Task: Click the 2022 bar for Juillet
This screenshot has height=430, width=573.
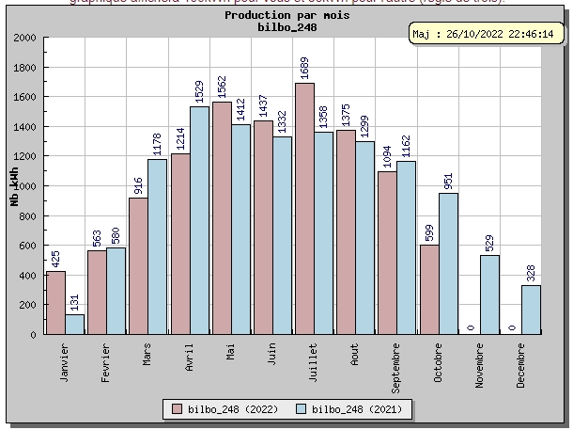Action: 304,209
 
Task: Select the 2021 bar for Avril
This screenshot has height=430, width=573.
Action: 199,220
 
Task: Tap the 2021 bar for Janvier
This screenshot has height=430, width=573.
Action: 75,324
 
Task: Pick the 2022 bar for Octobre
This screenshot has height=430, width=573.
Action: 428,289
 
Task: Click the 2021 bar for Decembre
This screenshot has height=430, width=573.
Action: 531,310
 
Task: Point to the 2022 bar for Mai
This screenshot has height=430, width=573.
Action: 222,217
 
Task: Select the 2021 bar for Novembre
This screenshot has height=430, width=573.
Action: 489,295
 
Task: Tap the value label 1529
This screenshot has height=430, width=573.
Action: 199,90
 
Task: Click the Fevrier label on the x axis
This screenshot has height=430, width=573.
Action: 106,359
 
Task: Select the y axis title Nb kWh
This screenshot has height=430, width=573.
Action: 14,185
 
